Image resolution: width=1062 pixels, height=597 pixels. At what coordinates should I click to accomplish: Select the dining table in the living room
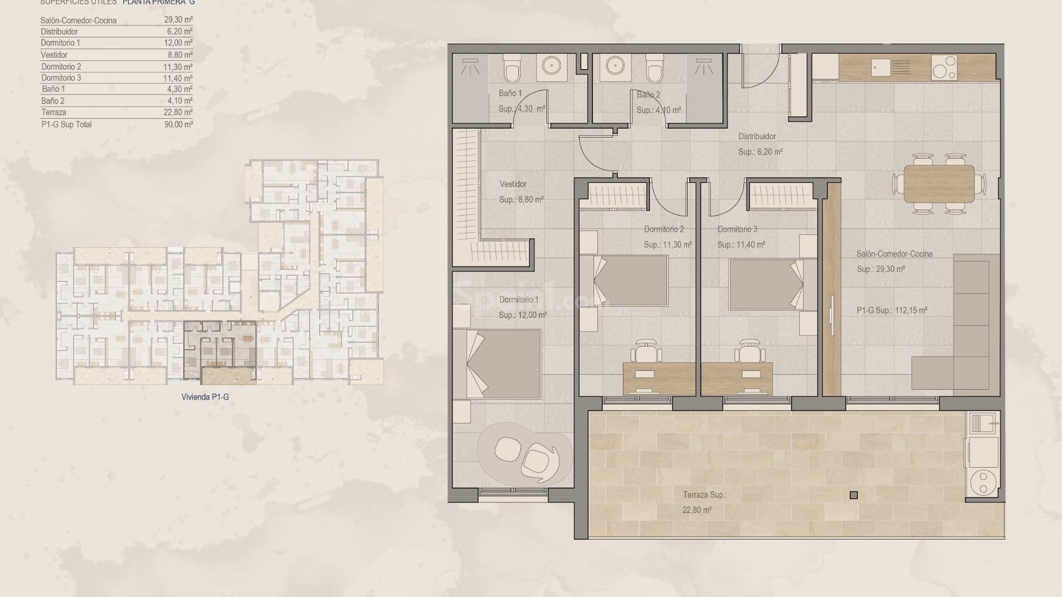point(939,184)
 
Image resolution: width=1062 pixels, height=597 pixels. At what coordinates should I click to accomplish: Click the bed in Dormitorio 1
point(497,364)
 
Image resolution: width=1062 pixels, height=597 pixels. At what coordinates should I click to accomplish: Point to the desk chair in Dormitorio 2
point(648,350)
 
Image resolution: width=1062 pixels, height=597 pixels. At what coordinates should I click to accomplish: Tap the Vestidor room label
point(513,184)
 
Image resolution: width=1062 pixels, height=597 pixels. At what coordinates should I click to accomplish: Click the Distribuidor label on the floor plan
point(757,137)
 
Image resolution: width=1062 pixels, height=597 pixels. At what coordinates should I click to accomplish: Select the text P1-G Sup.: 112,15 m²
point(892,311)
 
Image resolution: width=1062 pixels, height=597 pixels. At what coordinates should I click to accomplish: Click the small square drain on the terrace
point(853,495)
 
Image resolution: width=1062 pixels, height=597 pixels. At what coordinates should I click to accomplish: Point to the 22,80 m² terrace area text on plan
point(696,510)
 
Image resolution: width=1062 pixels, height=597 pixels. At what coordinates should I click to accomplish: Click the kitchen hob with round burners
point(944,67)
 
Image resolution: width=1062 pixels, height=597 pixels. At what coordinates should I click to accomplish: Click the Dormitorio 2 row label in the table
point(61,66)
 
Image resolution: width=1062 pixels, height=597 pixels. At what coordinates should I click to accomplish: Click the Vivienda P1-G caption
point(205,397)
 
